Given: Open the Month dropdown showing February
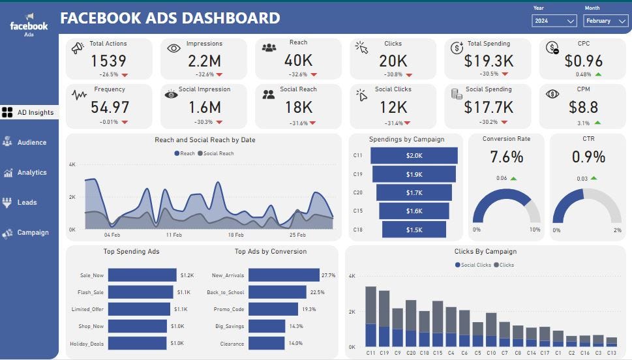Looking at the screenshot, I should (x=606, y=21).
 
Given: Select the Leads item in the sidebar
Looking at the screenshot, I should (x=27, y=202).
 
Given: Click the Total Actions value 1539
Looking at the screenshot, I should (x=108, y=61).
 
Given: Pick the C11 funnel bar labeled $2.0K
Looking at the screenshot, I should (x=414, y=155).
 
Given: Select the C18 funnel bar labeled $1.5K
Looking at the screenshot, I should (x=414, y=230).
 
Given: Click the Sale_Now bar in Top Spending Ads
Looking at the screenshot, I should (x=142, y=275).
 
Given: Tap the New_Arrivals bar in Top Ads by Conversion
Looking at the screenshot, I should (x=284, y=275).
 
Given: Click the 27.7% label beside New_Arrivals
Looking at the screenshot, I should (x=328, y=275).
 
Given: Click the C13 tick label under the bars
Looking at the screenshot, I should (x=611, y=353).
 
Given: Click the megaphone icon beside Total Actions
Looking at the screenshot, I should (x=78, y=48).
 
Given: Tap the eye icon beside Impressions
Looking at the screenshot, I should (x=173, y=48).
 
